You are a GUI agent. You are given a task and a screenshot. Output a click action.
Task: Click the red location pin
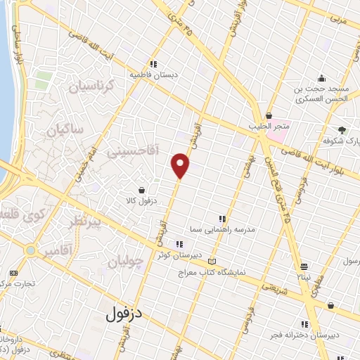(x=181, y=165)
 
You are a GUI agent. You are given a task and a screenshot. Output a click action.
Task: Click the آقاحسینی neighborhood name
(x=134, y=150)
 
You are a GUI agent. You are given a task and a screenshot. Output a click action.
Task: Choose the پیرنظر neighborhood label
(x=88, y=223)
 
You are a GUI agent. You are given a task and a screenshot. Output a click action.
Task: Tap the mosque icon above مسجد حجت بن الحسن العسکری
(x=321, y=77)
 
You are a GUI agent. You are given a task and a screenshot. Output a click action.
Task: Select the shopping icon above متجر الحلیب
(x=269, y=116)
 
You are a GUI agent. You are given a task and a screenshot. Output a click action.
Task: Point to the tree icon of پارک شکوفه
(x=342, y=130)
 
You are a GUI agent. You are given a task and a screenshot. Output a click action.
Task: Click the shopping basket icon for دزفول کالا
(x=142, y=190)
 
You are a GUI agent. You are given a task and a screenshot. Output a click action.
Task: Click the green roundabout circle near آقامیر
(x=31, y=250)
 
